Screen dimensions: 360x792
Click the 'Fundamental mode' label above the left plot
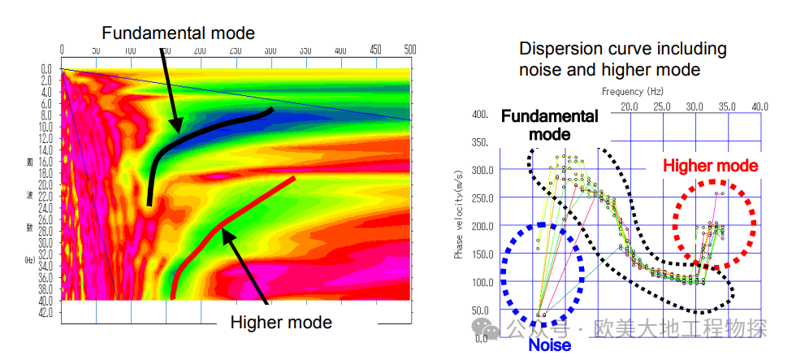(179, 33)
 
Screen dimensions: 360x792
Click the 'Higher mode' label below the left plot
(281, 322)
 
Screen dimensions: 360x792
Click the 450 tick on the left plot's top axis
(375, 50)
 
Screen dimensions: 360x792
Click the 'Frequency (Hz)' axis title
(633, 92)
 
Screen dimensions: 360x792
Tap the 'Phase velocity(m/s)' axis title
(459, 215)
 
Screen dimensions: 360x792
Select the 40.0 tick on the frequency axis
(760, 106)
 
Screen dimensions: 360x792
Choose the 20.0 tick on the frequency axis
(629, 106)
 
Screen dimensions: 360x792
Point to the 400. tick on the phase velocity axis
(479, 115)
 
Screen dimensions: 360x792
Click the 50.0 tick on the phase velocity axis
(480, 310)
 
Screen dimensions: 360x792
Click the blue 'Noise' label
(549, 345)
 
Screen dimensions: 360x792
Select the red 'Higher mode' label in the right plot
(710, 166)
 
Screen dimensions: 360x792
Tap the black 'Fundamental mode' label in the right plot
(549, 125)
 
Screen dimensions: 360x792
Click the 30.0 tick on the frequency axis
(695, 106)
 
